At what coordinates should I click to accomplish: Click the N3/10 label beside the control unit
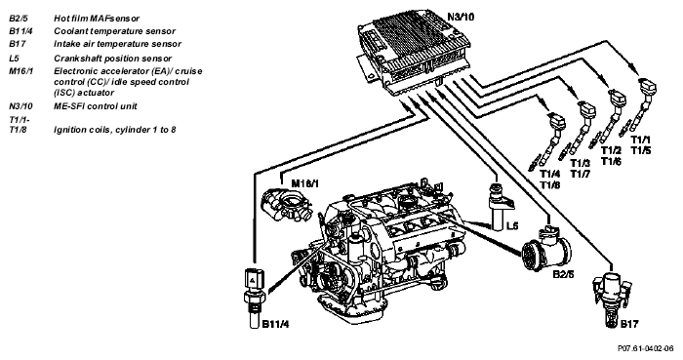tap(461, 18)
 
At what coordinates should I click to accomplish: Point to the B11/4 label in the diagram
tap(276, 324)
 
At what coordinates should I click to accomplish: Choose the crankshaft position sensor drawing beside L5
tap(500, 206)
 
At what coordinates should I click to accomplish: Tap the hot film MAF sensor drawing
tap(547, 247)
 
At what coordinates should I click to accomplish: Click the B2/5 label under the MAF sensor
tap(563, 275)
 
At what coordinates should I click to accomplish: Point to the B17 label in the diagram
tap(629, 324)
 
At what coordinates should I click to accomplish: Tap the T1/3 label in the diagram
tap(581, 163)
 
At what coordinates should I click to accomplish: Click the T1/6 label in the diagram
tap(611, 161)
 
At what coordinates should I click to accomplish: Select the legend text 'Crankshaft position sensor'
tap(113, 59)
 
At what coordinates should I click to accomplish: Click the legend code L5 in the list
tap(14, 59)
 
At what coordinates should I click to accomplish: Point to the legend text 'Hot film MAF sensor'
tap(97, 19)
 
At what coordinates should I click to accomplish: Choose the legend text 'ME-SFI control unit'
tap(96, 105)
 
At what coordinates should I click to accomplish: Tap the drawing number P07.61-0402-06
tap(646, 348)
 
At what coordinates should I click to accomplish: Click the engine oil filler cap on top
tap(407, 201)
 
